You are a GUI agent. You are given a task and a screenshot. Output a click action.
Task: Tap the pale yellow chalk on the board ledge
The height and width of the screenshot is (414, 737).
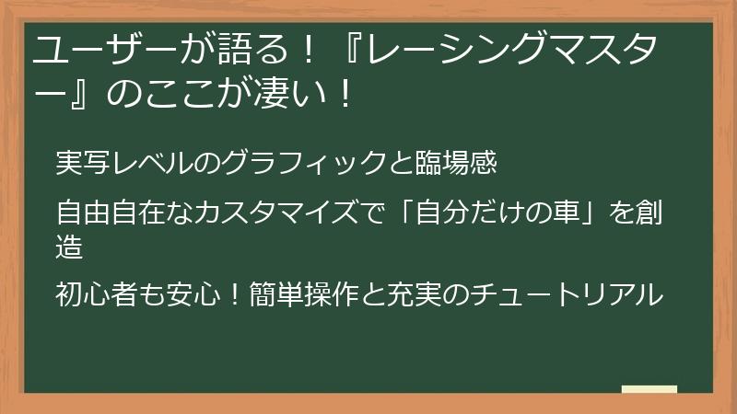(649, 390)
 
